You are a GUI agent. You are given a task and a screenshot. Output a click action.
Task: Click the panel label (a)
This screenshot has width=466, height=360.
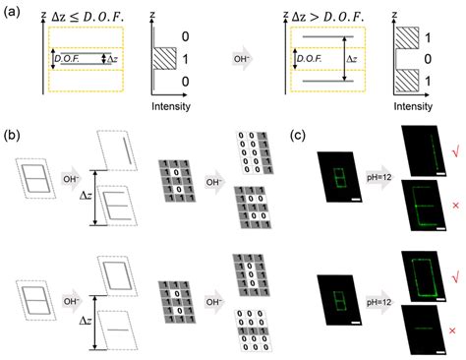(14, 10)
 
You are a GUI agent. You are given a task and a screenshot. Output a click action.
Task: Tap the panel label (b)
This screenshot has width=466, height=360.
(14, 136)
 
